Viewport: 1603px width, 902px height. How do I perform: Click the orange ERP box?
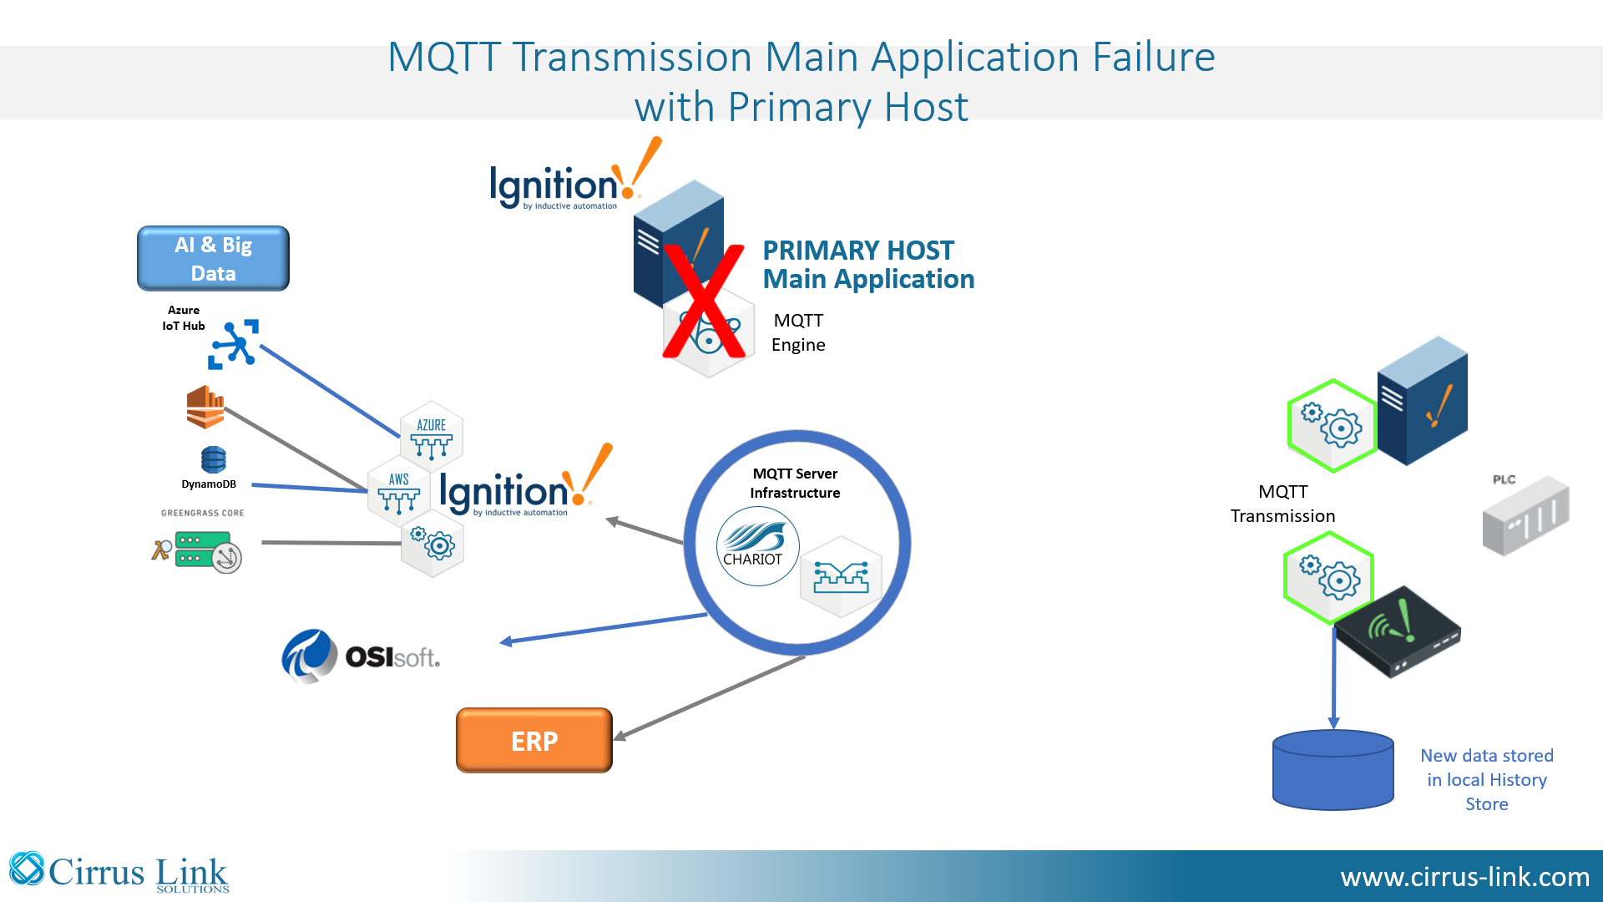[534, 740]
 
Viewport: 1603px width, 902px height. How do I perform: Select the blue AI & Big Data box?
[213, 258]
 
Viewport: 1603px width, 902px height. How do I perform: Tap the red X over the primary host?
[703, 301]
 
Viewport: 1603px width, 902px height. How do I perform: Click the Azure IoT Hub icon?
[233, 344]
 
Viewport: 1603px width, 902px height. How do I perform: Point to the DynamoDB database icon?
[214, 459]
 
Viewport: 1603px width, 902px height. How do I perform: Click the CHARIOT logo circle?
[757, 546]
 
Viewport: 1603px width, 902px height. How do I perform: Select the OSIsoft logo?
[361, 656]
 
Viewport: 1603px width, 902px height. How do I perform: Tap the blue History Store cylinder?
[1332, 770]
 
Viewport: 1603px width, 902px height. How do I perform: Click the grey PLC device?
[1525, 515]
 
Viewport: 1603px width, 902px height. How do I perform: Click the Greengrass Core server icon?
[198, 551]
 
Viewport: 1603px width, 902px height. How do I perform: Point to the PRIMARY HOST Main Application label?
[868, 265]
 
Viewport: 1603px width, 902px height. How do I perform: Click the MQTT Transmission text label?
[1283, 504]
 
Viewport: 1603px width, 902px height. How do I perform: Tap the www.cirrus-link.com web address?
[1465, 877]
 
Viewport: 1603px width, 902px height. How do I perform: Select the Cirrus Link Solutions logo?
[119, 873]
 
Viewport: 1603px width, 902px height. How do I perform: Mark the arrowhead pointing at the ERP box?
[620, 735]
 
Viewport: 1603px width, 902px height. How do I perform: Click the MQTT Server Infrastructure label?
[795, 483]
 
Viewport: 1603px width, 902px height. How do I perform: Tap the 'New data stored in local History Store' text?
[1487, 779]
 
